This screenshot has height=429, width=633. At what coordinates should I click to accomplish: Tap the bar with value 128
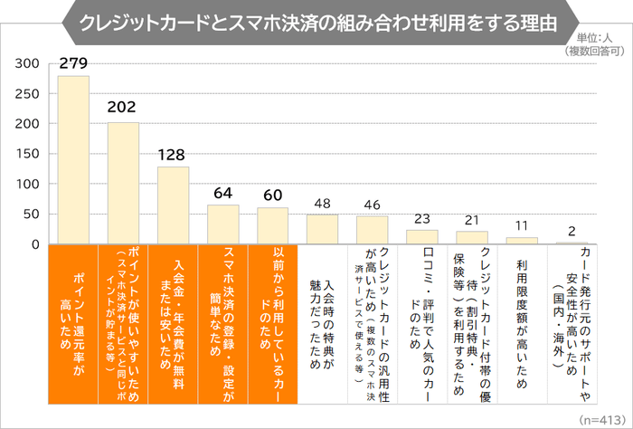click(173, 205)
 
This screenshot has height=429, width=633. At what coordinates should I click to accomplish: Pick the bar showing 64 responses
click(223, 224)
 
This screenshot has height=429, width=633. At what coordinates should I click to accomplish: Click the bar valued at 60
click(273, 226)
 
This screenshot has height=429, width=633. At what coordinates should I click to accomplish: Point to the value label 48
click(323, 204)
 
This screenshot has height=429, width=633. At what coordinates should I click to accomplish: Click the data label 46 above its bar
click(373, 205)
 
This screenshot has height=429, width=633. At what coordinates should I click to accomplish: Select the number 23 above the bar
click(422, 219)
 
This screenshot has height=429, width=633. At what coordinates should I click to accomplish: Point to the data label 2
click(572, 231)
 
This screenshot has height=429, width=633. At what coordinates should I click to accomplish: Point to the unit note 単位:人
click(600, 38)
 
